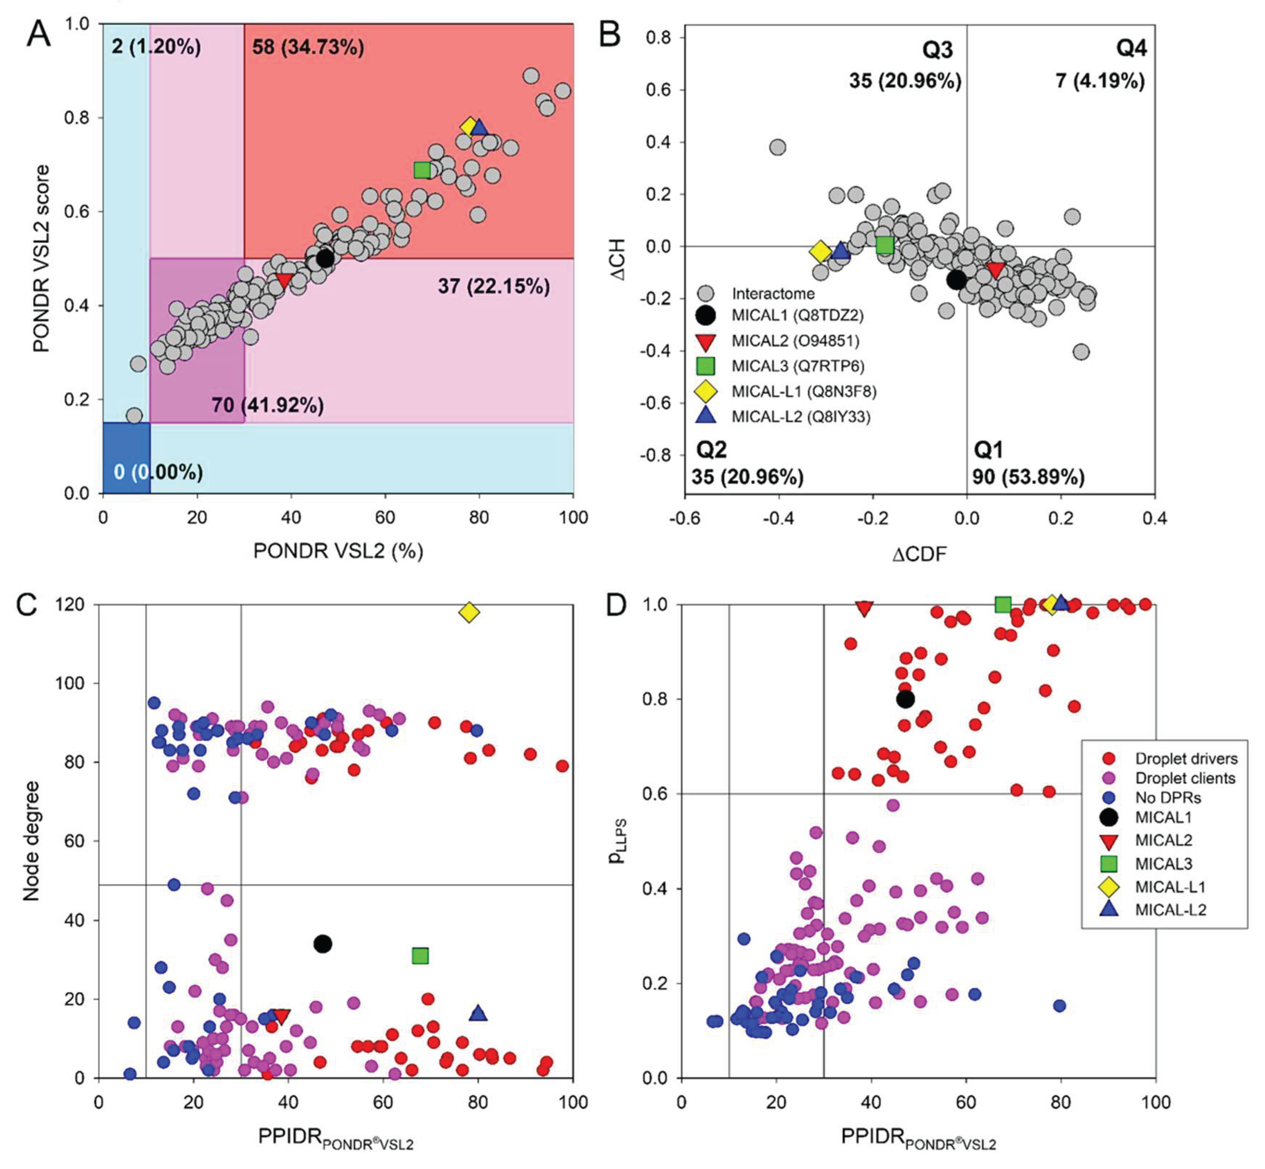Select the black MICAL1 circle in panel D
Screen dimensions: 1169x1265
pos(906,699)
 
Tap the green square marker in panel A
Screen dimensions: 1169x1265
pos(422,170)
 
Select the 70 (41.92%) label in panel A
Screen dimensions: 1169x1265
pos(268,405)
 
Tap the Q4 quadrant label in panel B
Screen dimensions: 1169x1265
pos(1131,48)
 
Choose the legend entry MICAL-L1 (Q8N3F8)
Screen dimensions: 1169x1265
pos(804,392)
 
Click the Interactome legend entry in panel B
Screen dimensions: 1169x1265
pos(772,294)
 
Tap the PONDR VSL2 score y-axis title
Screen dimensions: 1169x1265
pos(41,258)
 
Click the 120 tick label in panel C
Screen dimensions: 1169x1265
pos(70,605)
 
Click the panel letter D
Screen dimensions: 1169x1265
pos(616,605)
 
